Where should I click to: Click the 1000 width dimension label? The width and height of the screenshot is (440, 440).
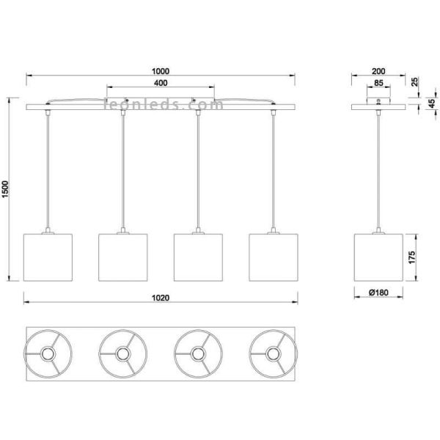[x=159, y=71]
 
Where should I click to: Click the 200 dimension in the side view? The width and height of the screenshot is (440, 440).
[x=378, y=71]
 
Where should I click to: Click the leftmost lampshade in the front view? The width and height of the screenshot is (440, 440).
[x=48, y=257]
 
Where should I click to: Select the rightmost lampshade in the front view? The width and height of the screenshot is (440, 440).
[x=274, y=257]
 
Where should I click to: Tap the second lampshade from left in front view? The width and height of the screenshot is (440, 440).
[x=122, y=257]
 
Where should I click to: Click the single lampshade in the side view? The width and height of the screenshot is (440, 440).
[x=378, y=257]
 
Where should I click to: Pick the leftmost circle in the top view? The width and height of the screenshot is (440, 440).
[x=48, y=354]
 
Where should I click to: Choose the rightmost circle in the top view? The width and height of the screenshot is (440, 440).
[x=274, y=354]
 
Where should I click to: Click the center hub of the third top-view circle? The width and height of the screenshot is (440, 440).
[x=198, y=354]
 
